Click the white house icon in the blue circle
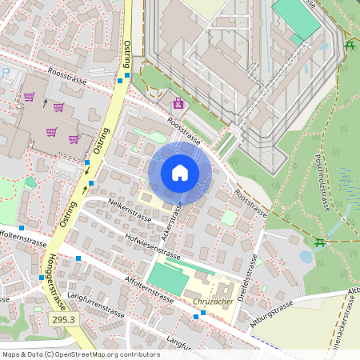[180, 173]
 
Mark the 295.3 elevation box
[63, 319]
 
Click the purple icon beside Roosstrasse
[177, 103]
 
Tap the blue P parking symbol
[6, 72]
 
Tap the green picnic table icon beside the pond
[320, 242]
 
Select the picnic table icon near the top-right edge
[350, 45]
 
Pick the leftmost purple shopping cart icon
[30, 98]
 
